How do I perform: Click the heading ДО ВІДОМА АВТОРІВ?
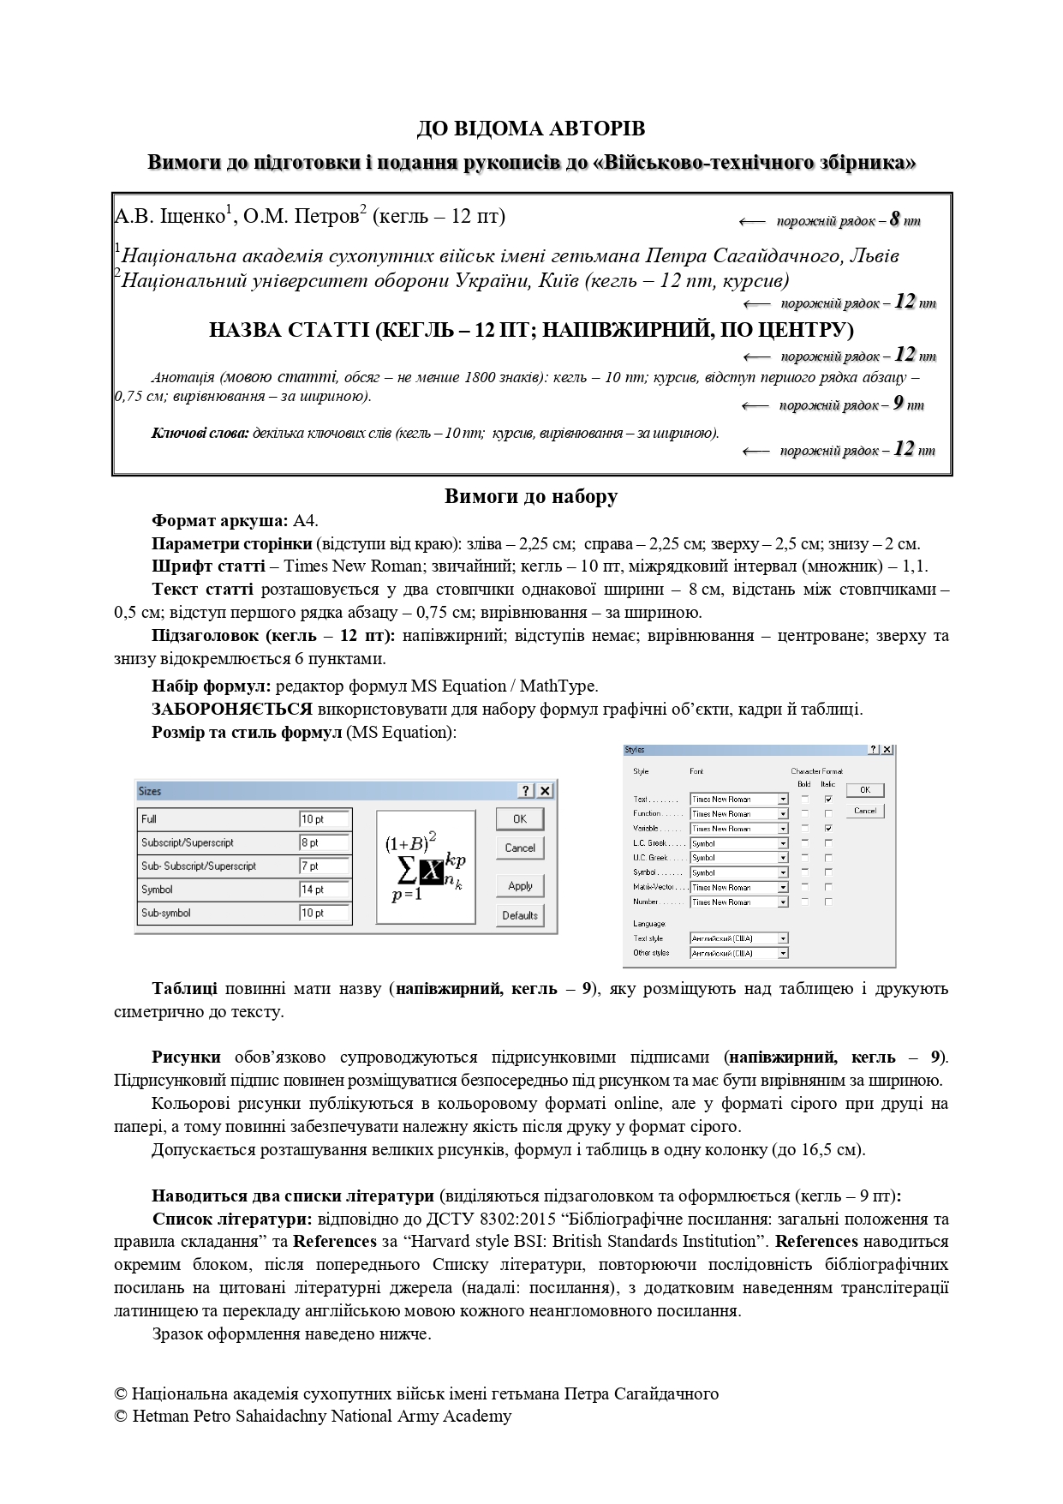[531, 129]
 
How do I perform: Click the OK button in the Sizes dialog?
[519, 818]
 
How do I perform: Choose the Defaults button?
[519, 915]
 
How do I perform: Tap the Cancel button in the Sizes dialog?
[519, 848]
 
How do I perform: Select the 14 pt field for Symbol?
[324, 890]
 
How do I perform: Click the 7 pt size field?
[324, 866]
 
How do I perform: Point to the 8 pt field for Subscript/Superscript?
[324, 842]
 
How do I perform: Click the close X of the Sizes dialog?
[544, 791]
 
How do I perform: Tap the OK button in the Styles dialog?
[864, 789]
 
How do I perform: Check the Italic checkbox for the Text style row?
[828, 799]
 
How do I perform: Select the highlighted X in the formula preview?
[432, 872]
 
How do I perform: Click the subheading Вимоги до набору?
[531, 497]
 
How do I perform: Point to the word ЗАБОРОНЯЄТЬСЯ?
[232, 710]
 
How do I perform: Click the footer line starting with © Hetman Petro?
[313, 1416]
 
